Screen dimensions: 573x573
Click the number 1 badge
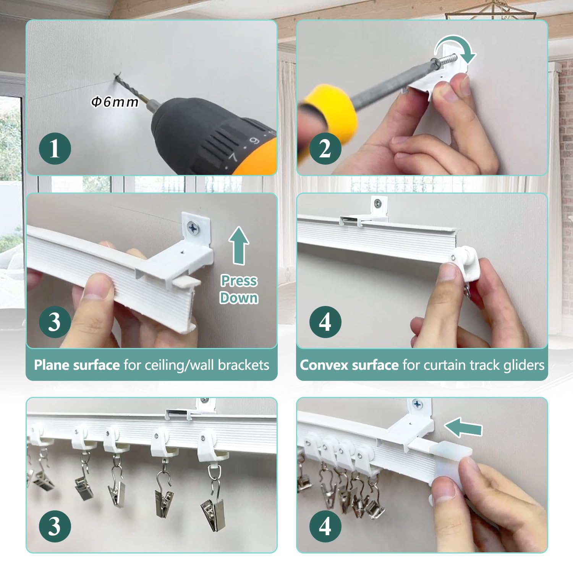click(x=55, y=149)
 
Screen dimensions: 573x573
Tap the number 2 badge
click(x=325, y=149)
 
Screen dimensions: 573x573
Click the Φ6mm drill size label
click(x=115, y=102)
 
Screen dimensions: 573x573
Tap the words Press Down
click(x=239, y=289)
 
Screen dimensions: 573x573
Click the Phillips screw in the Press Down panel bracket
click(x=193, y=229)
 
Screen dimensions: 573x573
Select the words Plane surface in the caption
click(x=77, y=365)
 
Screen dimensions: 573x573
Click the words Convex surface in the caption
click(x=349, y=365)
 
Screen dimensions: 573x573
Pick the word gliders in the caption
click(x=524, y=366)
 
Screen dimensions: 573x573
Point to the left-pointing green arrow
click(x=463, y=427)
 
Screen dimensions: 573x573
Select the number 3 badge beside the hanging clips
click(x=55, y=526)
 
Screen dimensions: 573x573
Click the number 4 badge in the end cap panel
click(x=325, y=526)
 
